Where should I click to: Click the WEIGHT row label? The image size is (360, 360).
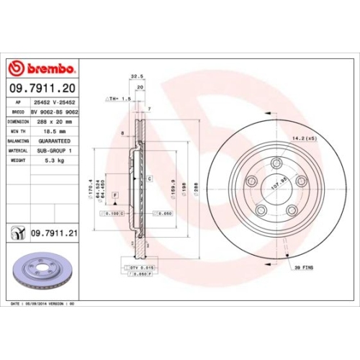(x=17, y=161)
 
